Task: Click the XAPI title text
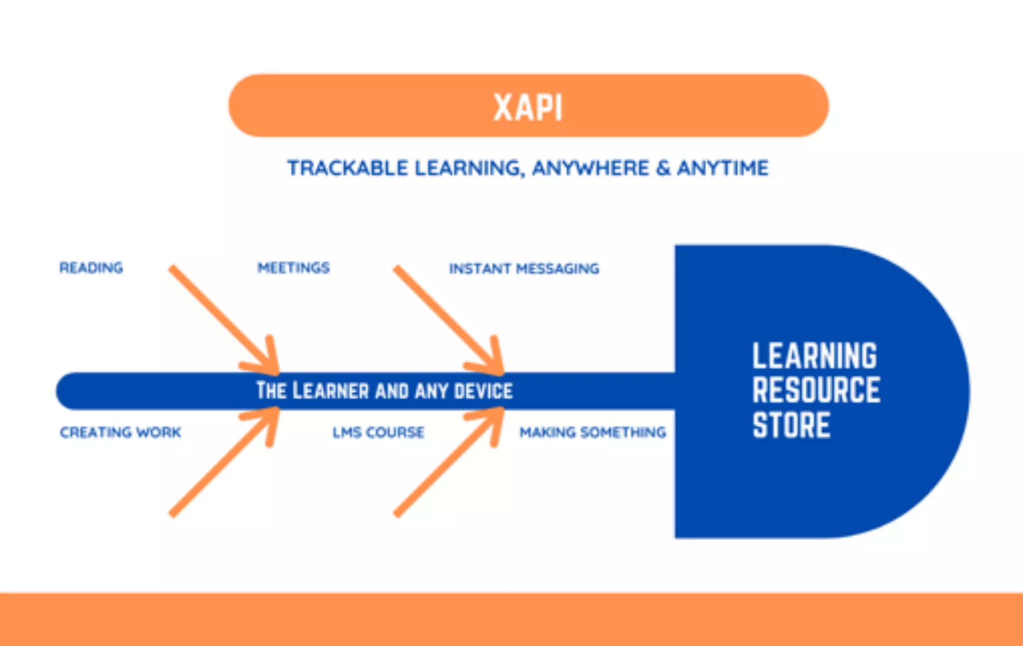coord(528,107)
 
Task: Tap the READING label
coord(91,268)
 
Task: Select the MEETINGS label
coord(293,268)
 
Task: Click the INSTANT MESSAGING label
coord(524,269)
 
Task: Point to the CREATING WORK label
coord(120,432)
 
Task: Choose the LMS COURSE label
coord(378,432)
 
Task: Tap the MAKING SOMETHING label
coord(592,432)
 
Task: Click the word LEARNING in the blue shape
coord(814,356)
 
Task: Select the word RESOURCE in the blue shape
coord(816,390)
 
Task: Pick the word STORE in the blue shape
coord(791,425)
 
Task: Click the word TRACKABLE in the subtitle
coord(347,168)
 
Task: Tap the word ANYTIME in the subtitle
coord(722,168)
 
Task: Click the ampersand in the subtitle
coord(663,168)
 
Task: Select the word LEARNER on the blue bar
coord(330,391)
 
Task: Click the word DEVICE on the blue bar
coord(483,391)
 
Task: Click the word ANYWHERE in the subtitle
coord(590,168)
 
